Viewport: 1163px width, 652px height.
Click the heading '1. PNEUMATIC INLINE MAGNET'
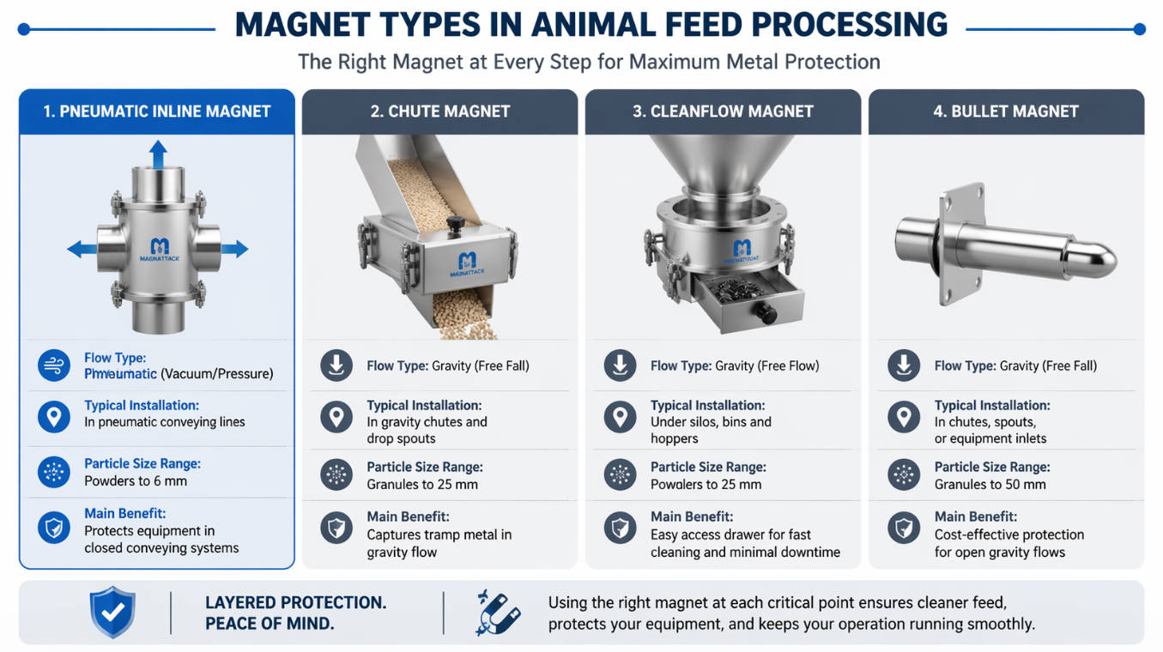coord(157,112)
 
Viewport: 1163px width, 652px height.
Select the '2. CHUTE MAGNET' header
coord(440,112)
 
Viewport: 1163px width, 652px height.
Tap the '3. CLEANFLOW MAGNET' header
coord(723,112)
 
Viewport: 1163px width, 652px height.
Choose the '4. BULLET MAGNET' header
coord(1006,112)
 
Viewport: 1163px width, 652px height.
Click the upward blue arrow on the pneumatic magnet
coord(158,156)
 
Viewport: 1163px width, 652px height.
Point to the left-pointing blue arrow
coord(82,250)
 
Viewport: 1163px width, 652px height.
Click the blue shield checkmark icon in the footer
coord(112,613)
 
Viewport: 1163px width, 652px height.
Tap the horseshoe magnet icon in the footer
coord(496,613)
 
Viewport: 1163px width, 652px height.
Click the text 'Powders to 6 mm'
coord(136,481)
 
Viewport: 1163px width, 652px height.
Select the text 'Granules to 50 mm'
coord(990,484)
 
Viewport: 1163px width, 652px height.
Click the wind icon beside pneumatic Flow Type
coord(54,366)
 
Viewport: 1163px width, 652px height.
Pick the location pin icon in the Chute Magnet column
coord(336,418)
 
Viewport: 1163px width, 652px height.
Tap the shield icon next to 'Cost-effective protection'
coord(904,527)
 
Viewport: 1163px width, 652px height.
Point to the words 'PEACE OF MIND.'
coord(270,624)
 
